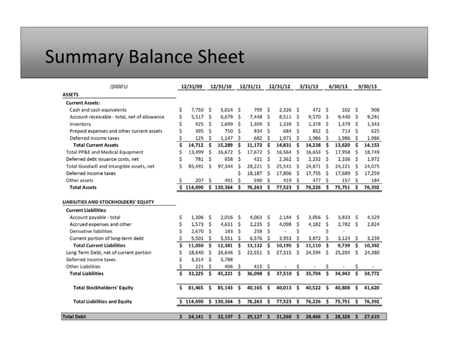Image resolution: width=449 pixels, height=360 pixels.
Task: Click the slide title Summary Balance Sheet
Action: (144, 58)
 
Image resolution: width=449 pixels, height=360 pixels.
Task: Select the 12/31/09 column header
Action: (192, 87)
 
